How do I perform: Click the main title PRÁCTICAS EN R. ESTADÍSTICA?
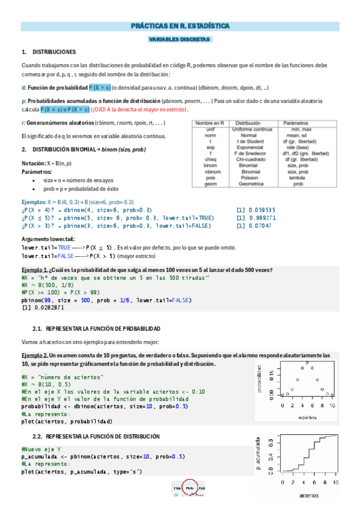[x=180, y=26]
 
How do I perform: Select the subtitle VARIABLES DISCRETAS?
[x=180, y=39]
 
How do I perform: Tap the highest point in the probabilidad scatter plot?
[x=308, y=363]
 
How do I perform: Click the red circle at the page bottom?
[x=189, y=488]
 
